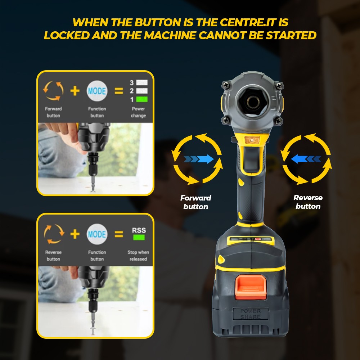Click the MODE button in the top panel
pyautogui.click(x=97, y=91)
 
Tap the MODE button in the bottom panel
pyautogui.click(x=97, y=234)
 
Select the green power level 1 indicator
pyautogui.click(x=142, y=99)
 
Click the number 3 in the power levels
pyautogui.click(x=131, y=83)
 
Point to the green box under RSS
pyautogui.click(x=139, y=237)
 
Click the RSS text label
pyautogui.click(x=139, y=230)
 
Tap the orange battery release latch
pyautogui.click(x=251, y=287)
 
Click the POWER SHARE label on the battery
pyautogui.click(x=251, y=314)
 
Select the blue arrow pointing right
pyautogui.click(x=199, y=159)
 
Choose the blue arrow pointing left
pyautogui.click(x=306, y=159)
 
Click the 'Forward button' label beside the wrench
pyautogui.click(x=195, y=202)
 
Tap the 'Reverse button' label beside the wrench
pyautogui.click(x=308, y=202)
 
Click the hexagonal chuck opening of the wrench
pyautogui.click(x=254, y=101)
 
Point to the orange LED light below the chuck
pyautogui.click(x=252, y=140)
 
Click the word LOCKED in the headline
pyautogui.click(x=67, y=35)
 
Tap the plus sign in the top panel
pyautogui.click(x=75, y=91)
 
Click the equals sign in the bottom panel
pyautogui.click(x=119, y=234)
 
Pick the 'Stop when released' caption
pyautogui.click(x=138, y=256)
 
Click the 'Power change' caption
pyautogui.click(x=138, y=112)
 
